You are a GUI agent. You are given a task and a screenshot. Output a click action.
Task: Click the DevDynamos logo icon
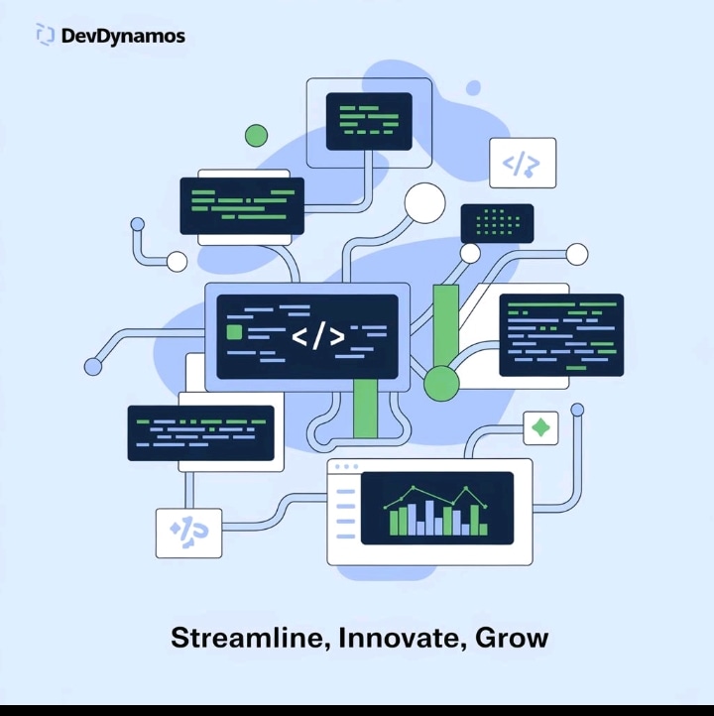[45, 36]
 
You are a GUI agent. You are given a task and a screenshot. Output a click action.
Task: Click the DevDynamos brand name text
[123, 37]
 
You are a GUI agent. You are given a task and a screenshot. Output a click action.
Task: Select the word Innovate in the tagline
[400, 638]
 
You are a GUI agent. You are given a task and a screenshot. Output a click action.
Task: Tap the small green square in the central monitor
[235, 331]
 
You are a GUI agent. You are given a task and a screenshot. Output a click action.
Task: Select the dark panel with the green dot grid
[497, 223]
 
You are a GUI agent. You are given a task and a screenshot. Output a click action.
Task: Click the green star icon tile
[540, 427]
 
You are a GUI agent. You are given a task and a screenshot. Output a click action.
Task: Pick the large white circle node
[424, 203]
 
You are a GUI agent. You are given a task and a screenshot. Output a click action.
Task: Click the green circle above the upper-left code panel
[256, 136]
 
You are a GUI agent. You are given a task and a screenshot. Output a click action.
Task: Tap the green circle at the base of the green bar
[441, 383]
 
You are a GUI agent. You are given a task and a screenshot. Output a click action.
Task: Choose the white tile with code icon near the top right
[523, 164]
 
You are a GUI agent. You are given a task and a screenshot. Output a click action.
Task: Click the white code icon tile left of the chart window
[188, 533]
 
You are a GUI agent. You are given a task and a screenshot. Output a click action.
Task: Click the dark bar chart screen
[436, 508]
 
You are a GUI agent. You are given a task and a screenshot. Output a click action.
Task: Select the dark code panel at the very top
[368, 121]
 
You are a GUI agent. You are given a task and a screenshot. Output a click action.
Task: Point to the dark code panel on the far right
[560, 335]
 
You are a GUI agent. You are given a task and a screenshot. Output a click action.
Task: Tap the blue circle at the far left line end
[93, 367]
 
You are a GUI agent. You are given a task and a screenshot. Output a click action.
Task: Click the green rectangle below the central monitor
[366, 409]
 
